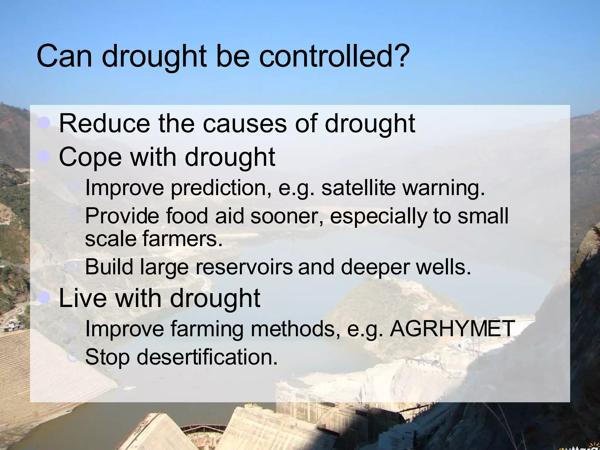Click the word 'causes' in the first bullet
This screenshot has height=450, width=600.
pos(245,124)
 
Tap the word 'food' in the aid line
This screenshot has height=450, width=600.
pos(187,216)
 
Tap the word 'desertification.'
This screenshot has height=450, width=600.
pos(207,357)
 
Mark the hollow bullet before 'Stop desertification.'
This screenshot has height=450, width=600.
pos(72,357)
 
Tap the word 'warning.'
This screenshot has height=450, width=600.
pos(444,188)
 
